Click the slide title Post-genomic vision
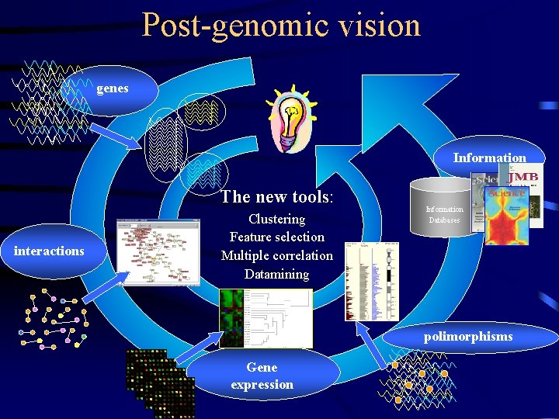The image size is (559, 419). click(280, 25)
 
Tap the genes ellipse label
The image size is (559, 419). click(113, 88)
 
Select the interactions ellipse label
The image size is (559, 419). click(49, 251)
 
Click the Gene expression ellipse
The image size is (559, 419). click(262, 376)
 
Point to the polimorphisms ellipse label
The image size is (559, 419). click(468, 336)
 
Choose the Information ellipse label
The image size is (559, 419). click(489, 158)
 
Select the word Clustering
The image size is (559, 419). click(276, 219)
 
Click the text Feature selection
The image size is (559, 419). click(276, 237)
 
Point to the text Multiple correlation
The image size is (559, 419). click(276, 255)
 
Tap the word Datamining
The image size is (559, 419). click(276, 274)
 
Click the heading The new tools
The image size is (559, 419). click(276, 196)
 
